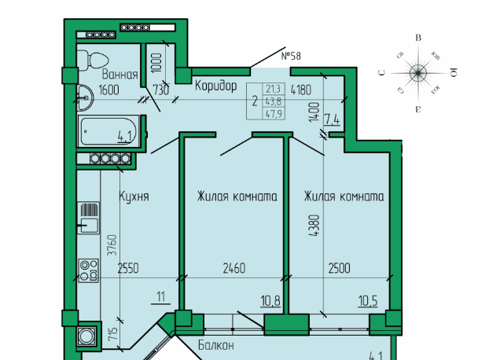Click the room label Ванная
[x=119, y=75]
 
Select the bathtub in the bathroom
[x=108, y=130]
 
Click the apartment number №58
[x=291, y=56]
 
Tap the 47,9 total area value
[x=273, y=113]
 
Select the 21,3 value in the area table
[x=273, y=89]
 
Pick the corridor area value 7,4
[x=332, y=119]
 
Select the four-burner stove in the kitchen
[x=88, y=269]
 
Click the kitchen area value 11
[x=162, y=296]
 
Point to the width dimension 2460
[x=233, y=268]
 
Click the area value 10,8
[x=270, y=299]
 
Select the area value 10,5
[x=369, y=299]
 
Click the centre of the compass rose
[x=418, y=73]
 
